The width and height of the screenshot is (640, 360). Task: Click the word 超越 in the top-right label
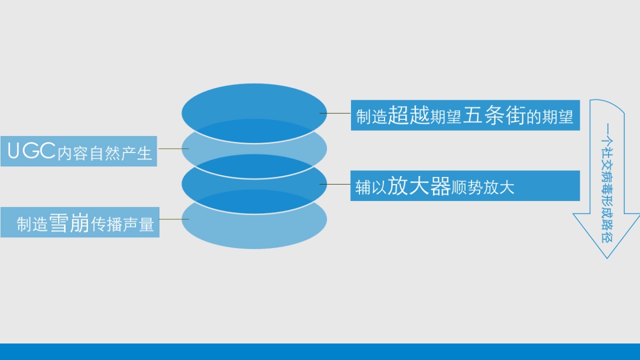[409, 115]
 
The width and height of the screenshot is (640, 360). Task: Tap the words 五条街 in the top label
[494, 115]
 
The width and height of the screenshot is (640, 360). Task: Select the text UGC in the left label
[31, 150]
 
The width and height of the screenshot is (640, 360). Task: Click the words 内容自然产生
[105, 154]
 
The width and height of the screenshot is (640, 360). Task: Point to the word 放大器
[419, 186]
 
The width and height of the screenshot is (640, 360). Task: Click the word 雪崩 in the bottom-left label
[70, 223]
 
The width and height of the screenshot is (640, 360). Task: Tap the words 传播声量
[123, 225]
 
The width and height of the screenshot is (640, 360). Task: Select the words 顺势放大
[483, 188]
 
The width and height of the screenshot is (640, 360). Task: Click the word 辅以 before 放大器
[371, 188]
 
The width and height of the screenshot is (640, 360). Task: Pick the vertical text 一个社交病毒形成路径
[607, 183]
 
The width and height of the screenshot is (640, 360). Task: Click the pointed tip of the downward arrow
[607, 259]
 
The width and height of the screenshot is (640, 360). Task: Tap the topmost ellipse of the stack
[254, 114]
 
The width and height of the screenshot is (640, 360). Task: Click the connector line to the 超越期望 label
[335, 114]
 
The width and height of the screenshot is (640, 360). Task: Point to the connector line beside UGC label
[174, 149]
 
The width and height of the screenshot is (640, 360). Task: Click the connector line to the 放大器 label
[335, 184]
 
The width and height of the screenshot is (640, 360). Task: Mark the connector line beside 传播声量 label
[174, 219]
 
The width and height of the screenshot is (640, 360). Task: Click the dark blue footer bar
[320, 351]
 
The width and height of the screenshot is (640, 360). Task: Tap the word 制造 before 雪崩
[33, 225]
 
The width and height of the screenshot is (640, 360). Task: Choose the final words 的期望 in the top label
[550, 117]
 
